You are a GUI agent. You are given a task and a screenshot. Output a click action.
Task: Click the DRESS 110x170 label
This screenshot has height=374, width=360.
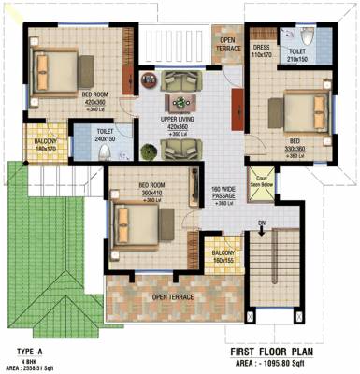261,51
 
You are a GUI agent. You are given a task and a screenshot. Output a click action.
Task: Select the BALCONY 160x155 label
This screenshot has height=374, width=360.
223,256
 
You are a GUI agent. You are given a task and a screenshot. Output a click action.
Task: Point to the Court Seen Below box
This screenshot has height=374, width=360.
260,183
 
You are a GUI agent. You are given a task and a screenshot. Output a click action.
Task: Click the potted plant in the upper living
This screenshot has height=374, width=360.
147,150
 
